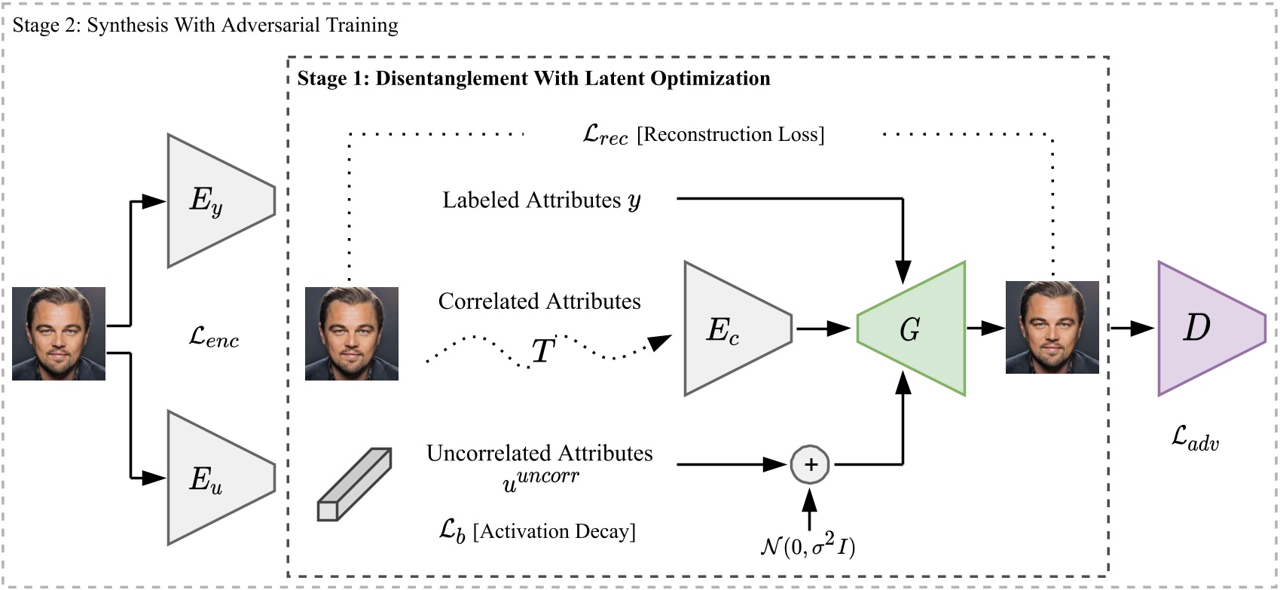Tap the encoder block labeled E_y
[x=215, y=200]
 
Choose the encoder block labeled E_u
[x=215, y=478]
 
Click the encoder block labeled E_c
[x=731, y=329]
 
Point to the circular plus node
[x=810, y=464]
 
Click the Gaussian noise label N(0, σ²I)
[x=808, y=546]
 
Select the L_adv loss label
[x=1195, y=437]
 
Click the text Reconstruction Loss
[x=731, y=134]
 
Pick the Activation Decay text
[x=554, y=531]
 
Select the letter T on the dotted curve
[x=543, y=351]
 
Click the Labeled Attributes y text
[x=541, y=200]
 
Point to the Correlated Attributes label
[x=539, y=301]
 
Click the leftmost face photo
[x=59, y=333]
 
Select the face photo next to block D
[x=1052, y=327]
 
